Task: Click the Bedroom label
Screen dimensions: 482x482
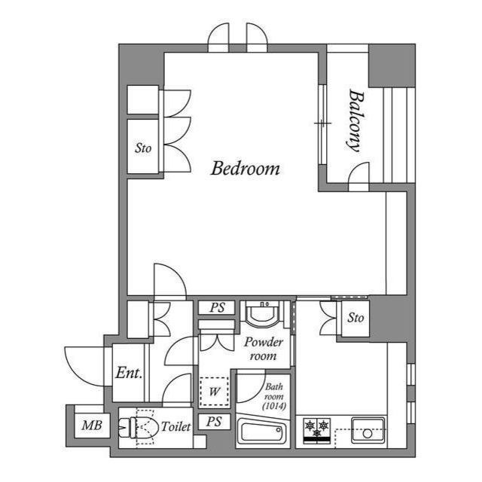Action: click(x=245, y=168)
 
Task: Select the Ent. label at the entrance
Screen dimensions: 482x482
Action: click(x=129, y=373)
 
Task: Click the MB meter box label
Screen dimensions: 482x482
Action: click(x=91, y=426)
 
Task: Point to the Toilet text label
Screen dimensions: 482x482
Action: click(x=175, y=427)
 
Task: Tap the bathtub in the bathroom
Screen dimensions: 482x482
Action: click(x=261, y=433)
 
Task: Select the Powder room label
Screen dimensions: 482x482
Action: click(x=264, y=349)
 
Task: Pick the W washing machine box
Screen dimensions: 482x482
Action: click(x=215, y=391)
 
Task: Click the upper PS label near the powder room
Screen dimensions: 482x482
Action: click(x=217, y=307)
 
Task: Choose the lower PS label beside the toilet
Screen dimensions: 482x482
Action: click(x=214, y=423)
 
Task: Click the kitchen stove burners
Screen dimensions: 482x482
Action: click(x=316, y=427)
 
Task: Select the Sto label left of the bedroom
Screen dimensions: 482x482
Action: click(x=143, y=148)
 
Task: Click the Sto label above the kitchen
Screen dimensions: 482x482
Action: click(x=355, y=318)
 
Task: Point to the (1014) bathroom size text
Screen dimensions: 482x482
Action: click(x=273, y=406)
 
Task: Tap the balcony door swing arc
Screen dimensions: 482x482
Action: click(x=358, y=172)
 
